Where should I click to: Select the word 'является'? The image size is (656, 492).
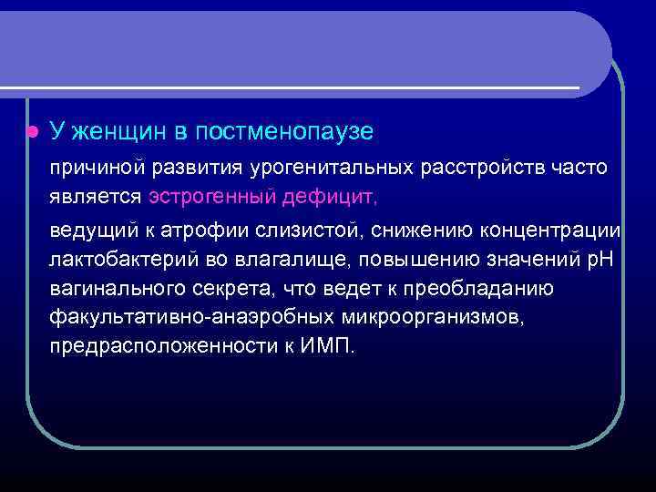[96, 196]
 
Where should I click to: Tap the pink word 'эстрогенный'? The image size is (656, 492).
[203, 196]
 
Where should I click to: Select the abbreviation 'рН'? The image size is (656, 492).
[602, 259]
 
